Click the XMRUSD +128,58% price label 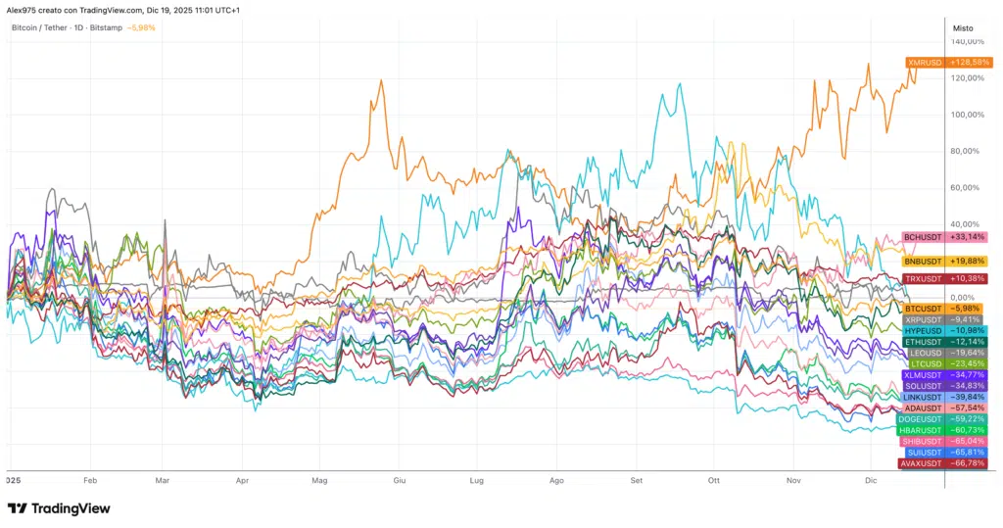949,63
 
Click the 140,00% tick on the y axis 968,42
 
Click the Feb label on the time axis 91,481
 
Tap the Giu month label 399,481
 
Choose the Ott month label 714,481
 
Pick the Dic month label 871,481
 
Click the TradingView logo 58,508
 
